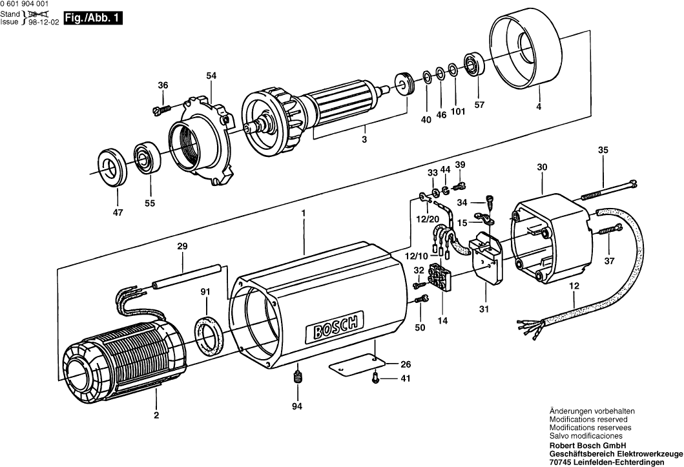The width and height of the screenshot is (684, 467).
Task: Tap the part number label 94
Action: [296, 406]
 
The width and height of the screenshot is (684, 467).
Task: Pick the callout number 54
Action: [211, 76]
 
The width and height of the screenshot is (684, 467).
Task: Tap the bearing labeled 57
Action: [475, 64]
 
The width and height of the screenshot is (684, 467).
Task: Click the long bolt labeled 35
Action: [607, 189]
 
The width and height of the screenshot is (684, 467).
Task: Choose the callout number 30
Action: [542, 167]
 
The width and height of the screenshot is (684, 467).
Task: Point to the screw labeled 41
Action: [375, 380]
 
